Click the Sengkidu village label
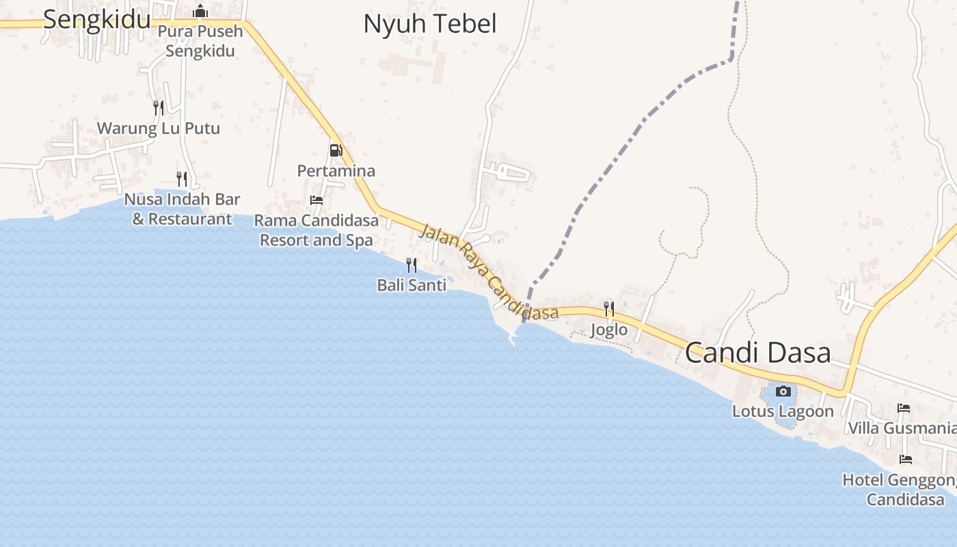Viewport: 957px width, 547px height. [x=96, y=20]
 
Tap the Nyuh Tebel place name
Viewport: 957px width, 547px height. [x=429, y=24]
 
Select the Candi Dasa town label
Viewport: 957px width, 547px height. [x=757, y=353]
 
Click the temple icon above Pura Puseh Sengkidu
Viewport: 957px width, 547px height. [x=200, y=11]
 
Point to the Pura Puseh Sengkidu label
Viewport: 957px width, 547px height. [x=200, y=41]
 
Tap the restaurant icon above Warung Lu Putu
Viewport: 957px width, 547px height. [x=159, y=107]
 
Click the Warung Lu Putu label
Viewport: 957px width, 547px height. [x=159, y=128]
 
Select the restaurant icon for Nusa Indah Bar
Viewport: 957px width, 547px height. [x=182, y=179]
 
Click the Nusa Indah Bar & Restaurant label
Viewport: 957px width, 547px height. [x=182, y=209]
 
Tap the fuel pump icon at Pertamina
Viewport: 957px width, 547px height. [x=336, y=150]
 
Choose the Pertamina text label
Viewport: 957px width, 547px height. [x=336, y=170]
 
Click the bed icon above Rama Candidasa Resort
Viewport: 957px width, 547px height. [x=316, y=200]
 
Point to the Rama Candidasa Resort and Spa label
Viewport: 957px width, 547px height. [x=316, y=230]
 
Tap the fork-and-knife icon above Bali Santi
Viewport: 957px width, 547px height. [x=412, y=265]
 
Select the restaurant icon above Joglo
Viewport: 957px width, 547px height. [x=609, y=309]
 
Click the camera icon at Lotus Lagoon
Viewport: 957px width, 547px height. [x=783, y=391]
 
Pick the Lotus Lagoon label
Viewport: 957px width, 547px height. [x=783, y=412]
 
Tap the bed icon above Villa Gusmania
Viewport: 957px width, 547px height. [x=904, y=408]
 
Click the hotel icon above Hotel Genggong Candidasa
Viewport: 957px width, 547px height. [x=906, y=459]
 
